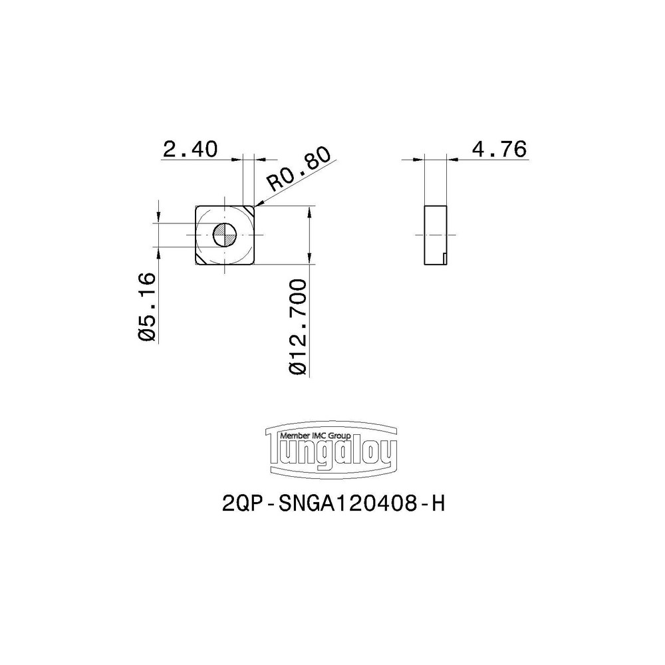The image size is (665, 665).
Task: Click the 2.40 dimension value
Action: point(190,149)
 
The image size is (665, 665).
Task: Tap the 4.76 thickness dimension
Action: point(499,149)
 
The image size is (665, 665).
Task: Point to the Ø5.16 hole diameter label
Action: point(148,307)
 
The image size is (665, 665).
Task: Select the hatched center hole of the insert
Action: point(225,235)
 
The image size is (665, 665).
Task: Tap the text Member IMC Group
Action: point(316,435)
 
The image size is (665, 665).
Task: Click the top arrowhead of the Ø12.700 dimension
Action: point(311,211)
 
